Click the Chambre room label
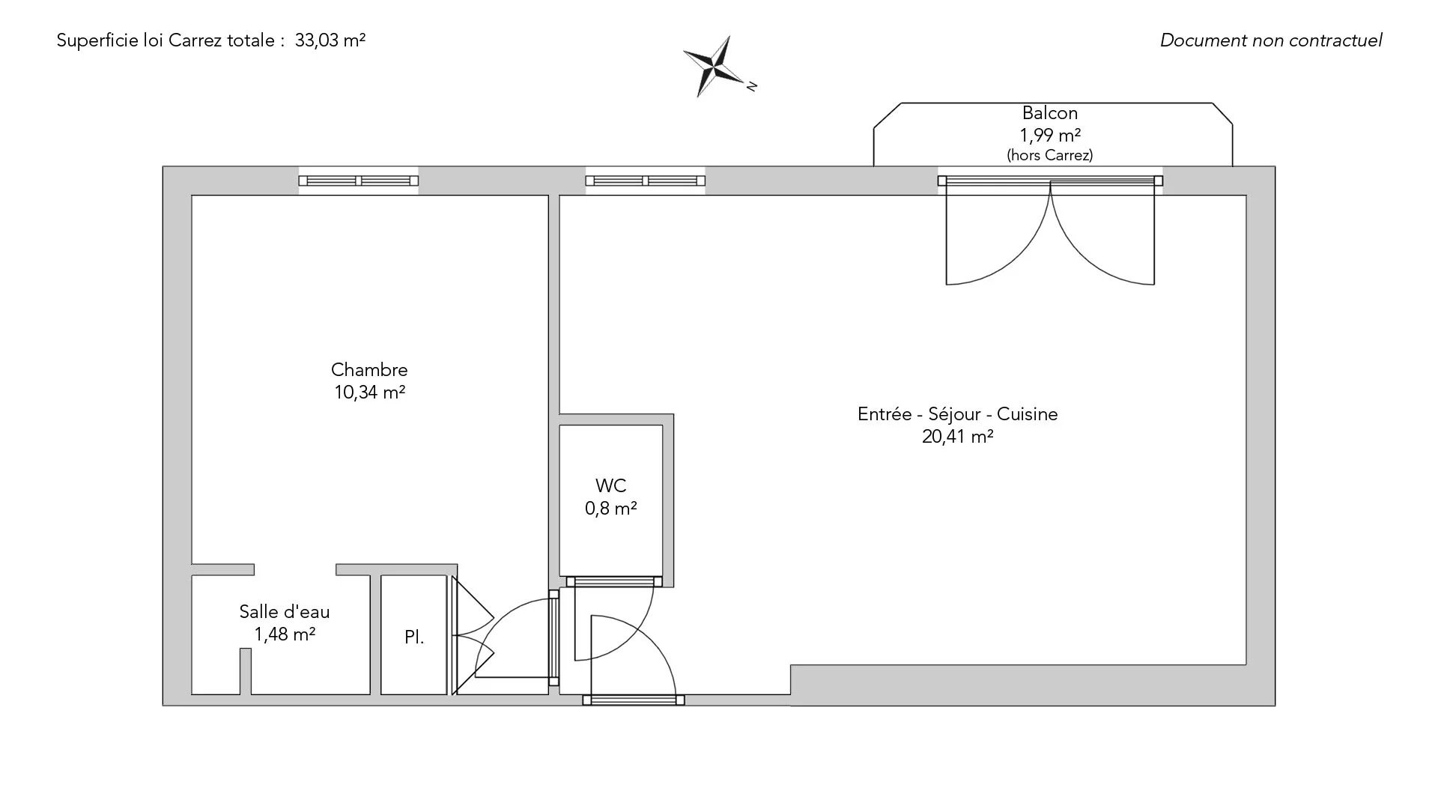[369, 370]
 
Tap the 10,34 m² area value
[369, 393]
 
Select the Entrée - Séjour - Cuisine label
[957, 414]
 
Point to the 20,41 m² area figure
[957, 437]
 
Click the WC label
[610, 486]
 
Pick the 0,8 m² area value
[610, 509]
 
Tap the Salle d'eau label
[285, 612]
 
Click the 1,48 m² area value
[285, 634]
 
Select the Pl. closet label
[414, 637]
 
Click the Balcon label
[1050, 113]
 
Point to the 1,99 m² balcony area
[1050, 136]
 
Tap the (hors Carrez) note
[1050, 156]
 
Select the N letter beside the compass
[752, 86]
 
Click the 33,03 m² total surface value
[330, 40]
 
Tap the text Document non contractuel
[1271, 40]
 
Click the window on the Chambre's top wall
[359, 181]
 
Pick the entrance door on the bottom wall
[634, 700]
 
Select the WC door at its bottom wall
[614, 581]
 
